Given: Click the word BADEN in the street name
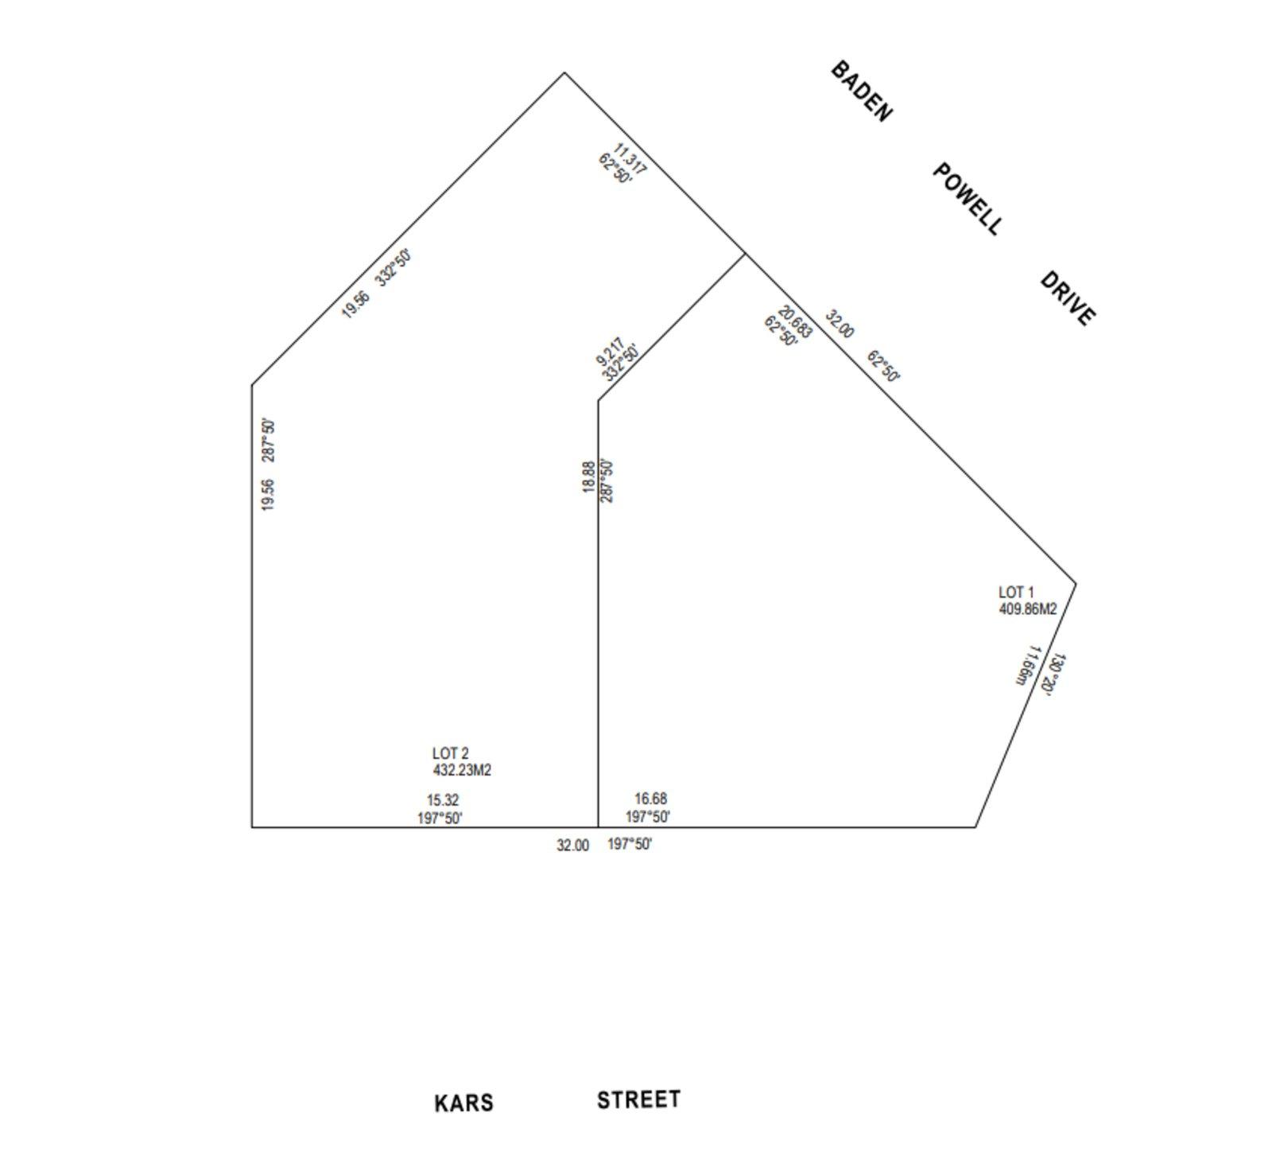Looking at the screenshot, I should (861, 91).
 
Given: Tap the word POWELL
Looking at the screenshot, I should (967, 199).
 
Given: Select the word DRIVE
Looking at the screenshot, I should (1068, 299).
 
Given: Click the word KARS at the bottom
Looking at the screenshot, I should (463, 1103).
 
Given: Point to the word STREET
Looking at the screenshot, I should (638, 1099).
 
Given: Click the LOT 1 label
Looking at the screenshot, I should (1016, 593).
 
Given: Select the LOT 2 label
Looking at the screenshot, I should (450, 753).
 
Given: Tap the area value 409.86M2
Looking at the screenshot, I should (1027, 609).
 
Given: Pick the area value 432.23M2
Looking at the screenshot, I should (462, 770).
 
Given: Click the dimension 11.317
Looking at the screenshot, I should (630, 158).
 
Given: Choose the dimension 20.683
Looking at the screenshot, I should (796, 321).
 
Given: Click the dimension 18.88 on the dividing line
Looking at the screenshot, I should (588, 477).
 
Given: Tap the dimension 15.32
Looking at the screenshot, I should (443, 800).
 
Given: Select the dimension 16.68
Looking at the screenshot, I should (650, 799).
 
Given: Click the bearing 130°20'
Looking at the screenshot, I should (1053, 675).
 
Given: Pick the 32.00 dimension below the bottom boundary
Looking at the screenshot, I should (572, 846).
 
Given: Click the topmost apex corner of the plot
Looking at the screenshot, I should (564, 72).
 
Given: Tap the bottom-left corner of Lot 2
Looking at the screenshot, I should (252, 827).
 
